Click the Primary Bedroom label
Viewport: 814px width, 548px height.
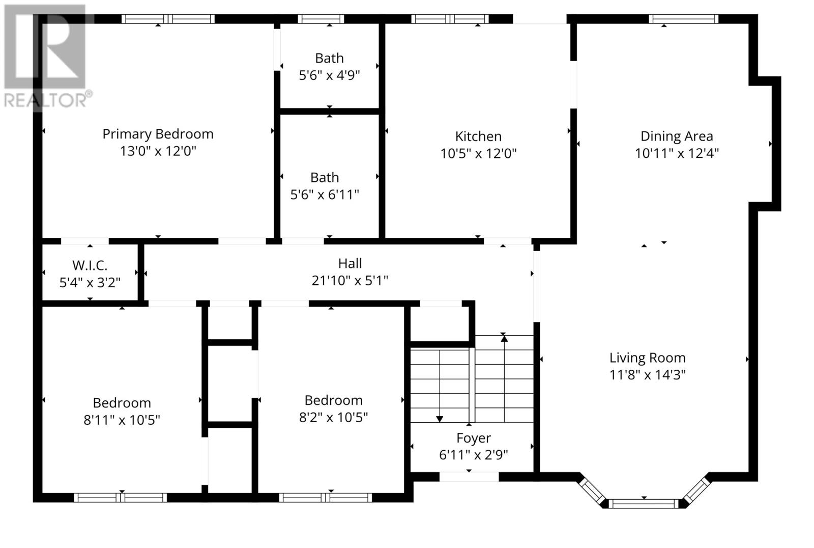[158, 134]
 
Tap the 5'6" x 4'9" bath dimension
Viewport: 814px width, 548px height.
[329, 75]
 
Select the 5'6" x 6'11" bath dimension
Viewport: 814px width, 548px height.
[325, 195]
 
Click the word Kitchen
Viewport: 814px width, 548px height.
[478, 136]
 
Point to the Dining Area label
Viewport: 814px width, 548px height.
[676, 136]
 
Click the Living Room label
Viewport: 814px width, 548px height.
[647, 358]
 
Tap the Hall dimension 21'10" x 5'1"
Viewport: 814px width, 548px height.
[350, 281]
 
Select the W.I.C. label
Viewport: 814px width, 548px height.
[90, 265]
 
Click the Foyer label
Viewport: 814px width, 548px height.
[473, 438]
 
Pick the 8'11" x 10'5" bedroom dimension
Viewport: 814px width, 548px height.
[122, 420]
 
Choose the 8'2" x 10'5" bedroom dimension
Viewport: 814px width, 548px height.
[333, 418]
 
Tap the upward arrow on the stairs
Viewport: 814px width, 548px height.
[504, 337]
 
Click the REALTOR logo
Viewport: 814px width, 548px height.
[46, 56]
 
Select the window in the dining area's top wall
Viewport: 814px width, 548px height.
[683, 19]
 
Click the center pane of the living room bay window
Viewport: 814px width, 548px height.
[644, 504]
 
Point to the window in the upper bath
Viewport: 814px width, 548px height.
[321, 19]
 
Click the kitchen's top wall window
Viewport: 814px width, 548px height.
[450, 19]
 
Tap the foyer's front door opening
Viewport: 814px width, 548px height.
[469, 477]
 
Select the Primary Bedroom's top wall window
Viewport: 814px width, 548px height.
[168, 19]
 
